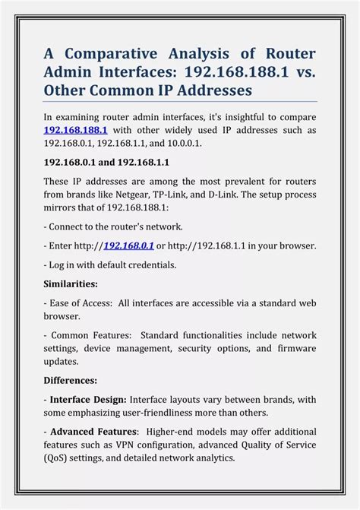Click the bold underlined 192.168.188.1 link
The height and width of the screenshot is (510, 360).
point(75,130)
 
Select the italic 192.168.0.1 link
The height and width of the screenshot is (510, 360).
point(128,245)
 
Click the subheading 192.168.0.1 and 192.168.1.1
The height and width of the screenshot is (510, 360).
point(106,162)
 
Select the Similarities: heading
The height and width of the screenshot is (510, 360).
point(71,284)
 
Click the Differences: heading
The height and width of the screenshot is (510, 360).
point(70,379)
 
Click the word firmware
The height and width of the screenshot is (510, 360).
point(295,348)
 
